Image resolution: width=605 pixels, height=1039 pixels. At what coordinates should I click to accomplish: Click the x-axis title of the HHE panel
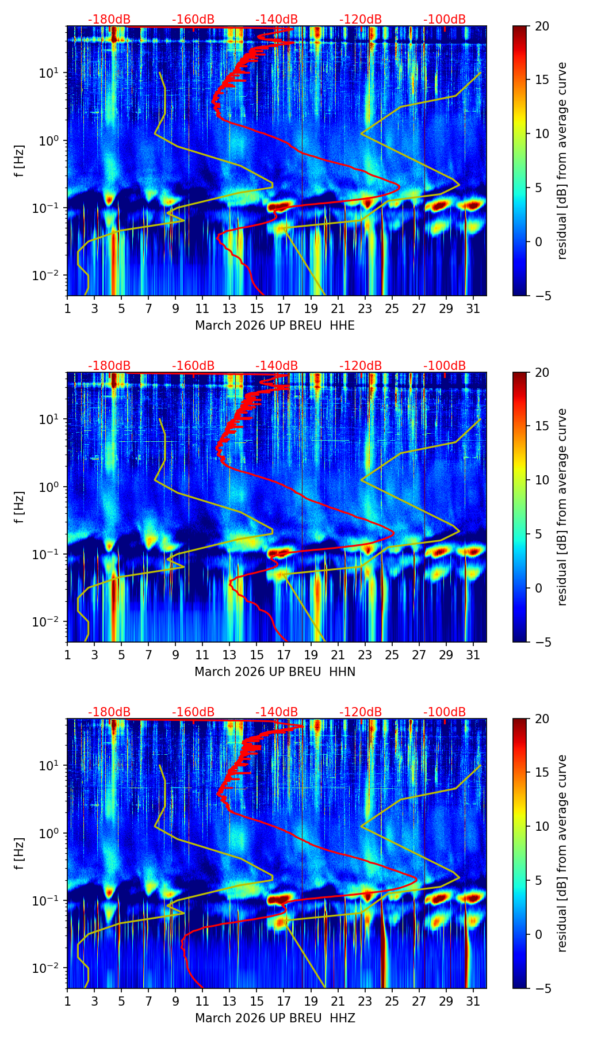[274, 326]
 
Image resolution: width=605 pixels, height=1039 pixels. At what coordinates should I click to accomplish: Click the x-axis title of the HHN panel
[274, 672]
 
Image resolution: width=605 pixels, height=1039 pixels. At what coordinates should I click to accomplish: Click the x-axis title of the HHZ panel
[274, 1018]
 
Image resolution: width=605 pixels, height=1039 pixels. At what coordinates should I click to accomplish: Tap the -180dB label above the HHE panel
[109, 20]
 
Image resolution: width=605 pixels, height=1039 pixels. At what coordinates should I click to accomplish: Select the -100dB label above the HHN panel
[445, 366]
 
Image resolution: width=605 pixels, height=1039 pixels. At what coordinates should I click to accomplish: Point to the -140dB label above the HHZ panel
[277, 712]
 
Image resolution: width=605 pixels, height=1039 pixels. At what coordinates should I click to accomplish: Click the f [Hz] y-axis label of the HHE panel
[20, 161]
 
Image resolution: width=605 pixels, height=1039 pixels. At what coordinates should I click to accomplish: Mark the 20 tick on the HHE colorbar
[542, 26]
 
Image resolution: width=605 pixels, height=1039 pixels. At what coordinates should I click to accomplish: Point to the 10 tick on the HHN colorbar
[542, 480]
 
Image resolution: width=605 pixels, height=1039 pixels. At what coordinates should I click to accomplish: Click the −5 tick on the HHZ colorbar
[542, 988]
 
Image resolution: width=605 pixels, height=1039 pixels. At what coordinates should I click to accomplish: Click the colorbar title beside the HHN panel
[562, 507]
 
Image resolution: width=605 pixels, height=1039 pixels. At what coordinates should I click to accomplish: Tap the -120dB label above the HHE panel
[361, 20]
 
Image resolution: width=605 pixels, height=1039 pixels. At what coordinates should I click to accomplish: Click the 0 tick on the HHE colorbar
[539, 242]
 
